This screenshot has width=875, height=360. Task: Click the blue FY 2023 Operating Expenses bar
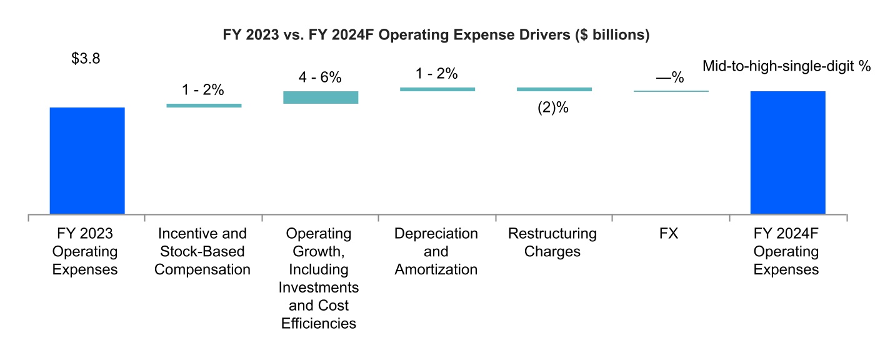point(87,160)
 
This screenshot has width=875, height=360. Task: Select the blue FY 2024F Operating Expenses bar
point(787,152)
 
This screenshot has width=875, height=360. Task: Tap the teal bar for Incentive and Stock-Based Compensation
point(204,106)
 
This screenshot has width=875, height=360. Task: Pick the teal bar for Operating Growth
point(321,97)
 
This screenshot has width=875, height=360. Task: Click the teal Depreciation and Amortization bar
point(437,89)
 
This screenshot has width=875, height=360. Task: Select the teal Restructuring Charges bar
point(554,89)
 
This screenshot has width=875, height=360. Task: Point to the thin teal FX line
point(671,91)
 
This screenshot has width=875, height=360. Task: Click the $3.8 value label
point(86,59)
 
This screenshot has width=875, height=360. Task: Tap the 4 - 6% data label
point(320,77)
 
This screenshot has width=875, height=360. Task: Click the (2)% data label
point(553,107)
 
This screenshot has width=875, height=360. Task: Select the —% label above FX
point(670,78)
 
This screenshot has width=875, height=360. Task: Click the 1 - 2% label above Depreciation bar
point(437,74)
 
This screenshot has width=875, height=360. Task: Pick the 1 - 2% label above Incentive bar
point(203,90)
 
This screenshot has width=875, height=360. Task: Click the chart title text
point(436,36)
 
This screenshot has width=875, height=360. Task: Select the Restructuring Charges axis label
point(552,242)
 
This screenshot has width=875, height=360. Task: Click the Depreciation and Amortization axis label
point(436,251)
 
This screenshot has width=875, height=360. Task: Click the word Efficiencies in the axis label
point(319,324)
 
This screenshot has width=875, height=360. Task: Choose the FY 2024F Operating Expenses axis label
point(786,251)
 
